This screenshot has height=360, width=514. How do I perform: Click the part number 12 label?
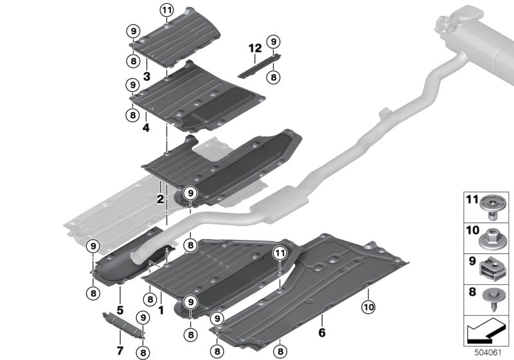[255, 48]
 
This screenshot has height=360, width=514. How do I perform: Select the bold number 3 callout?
[147, 76]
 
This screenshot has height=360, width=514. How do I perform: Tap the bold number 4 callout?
[147, 128]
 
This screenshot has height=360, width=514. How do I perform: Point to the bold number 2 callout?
[160, 199]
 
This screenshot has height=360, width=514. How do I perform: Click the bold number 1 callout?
[161, 310]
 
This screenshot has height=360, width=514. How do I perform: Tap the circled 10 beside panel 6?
[368, 294]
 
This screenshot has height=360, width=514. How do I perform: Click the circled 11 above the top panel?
[167, 10]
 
